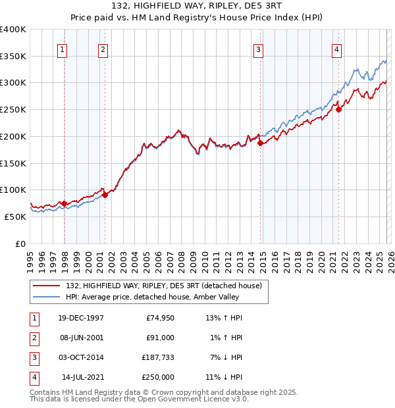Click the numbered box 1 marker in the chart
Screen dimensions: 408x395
[62, 49]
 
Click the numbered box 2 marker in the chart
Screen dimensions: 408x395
[103, 49]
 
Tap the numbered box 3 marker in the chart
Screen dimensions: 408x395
[259, 49]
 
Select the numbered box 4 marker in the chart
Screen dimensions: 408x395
[336, 49]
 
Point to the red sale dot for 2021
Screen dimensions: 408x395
[339, 109]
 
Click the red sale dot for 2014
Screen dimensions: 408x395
[261, 143]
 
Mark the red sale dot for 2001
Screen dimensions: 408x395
[105, 195]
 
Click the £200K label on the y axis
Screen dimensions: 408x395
[13, 136]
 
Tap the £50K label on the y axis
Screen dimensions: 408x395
[16, 217]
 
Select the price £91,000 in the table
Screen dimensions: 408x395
[159, 338]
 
